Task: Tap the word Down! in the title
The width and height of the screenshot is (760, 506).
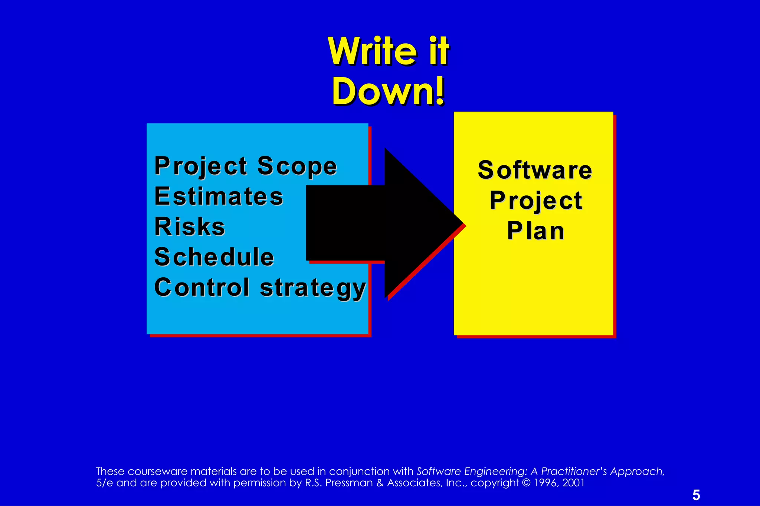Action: (x=388, y=92)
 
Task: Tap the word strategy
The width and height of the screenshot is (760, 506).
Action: (x=313, y=288)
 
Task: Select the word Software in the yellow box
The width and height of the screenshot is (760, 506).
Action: (x=535, y=170)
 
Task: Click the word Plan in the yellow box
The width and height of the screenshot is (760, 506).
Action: (x=535, y=231)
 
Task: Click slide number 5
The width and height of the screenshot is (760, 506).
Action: (x=696, y=495)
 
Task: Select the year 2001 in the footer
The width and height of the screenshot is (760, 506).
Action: (x=573, y=483)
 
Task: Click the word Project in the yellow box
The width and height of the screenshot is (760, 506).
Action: (x=535, y=201)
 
